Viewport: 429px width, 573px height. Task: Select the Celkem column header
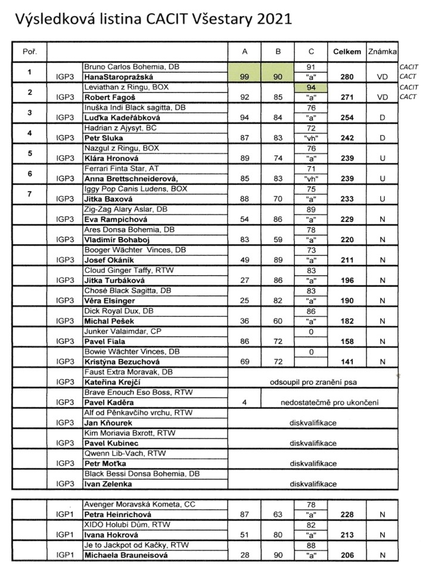347,51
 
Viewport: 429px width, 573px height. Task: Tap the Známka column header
382,51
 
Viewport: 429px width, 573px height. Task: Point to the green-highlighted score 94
309,87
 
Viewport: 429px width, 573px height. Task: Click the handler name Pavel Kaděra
108,402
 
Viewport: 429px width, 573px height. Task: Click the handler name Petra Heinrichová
116,515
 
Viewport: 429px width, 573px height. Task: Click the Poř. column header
29,51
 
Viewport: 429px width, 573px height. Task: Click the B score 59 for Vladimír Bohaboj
278,239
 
